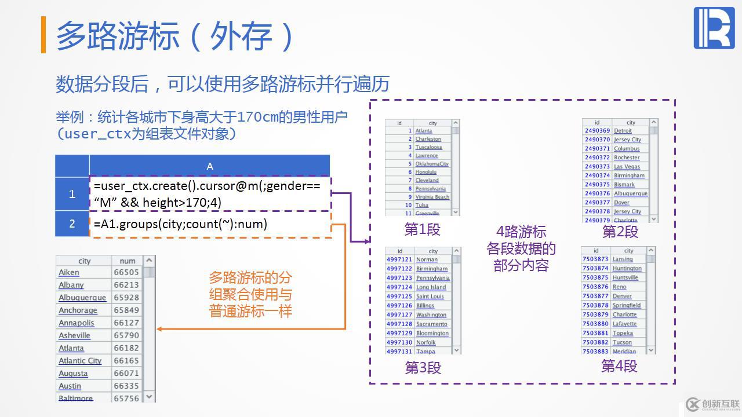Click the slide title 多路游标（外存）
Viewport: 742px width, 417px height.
click(174, 35)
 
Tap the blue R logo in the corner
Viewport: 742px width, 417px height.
click(714, 28)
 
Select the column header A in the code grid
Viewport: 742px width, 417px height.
click(209, 166)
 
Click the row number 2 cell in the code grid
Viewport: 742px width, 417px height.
click(72, 224)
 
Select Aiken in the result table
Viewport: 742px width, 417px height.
click(69, 272)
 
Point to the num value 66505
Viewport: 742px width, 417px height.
click(126, 272)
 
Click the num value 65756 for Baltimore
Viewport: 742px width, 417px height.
click(126, 398)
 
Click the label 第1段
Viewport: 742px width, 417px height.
click(422, 230)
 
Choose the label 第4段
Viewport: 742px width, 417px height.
click(619, 366)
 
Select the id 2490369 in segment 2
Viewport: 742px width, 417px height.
click(597, 131)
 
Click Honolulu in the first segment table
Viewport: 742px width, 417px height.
click(425, 172)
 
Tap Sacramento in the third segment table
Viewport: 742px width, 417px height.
click(432, 324)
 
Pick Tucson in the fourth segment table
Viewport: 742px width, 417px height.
click(622, 342)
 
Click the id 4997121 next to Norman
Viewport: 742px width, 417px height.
click(399, 259)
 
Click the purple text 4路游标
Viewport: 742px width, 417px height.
click(521, 232)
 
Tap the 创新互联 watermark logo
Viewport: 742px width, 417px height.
click(712, 404)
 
